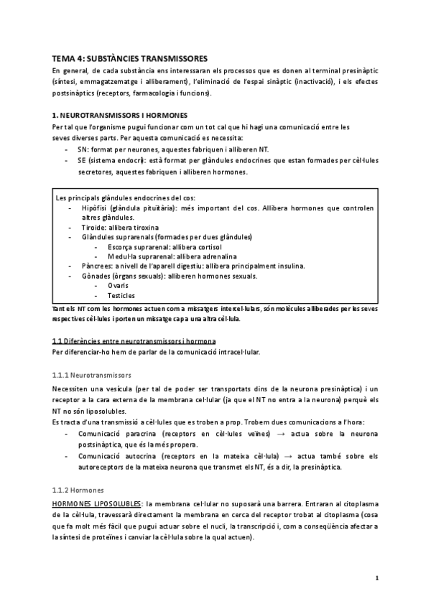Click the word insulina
coord(289,266)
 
